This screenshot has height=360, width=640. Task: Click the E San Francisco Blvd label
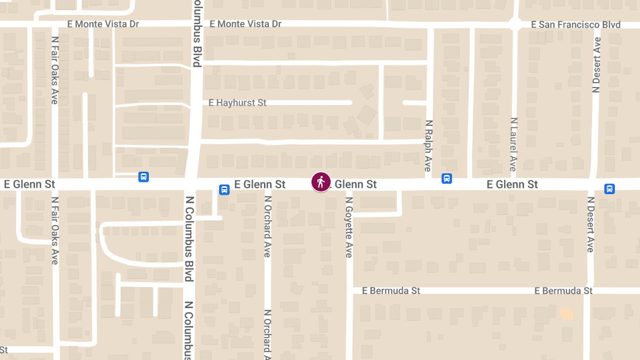(x=576, y=25)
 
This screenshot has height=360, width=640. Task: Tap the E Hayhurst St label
(x=237, y=102)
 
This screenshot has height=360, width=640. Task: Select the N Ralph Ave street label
(x=428, y=146)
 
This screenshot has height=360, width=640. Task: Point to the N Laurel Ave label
(x=514, y=145)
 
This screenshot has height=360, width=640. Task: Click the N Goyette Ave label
(x=349, y=227)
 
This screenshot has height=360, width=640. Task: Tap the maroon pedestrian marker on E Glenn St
(x=321, y=182)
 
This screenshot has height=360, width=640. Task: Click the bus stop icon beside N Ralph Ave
(x=447, y=179)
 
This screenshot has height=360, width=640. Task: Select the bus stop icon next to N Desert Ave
(x=610, y=189)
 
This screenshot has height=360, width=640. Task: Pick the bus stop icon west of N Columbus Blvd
(x=143, y=177)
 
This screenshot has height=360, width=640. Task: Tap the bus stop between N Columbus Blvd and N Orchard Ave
(x=225, y=189)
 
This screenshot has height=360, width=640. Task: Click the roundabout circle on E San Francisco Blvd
(x=515, y=23)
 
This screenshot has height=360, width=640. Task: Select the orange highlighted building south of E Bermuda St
(x=566, y=314)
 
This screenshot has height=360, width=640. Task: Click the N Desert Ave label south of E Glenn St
(x=590, y=224)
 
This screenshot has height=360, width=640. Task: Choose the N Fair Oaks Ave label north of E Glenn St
(x=55, y=69)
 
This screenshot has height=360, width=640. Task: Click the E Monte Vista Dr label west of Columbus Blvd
(x=103, y=24)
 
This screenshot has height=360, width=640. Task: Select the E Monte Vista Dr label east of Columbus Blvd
(x=245, y=24)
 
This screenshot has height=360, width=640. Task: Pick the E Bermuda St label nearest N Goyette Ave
(x=391, y=291)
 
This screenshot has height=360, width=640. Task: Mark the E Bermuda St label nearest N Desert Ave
(x=564, y=291)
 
